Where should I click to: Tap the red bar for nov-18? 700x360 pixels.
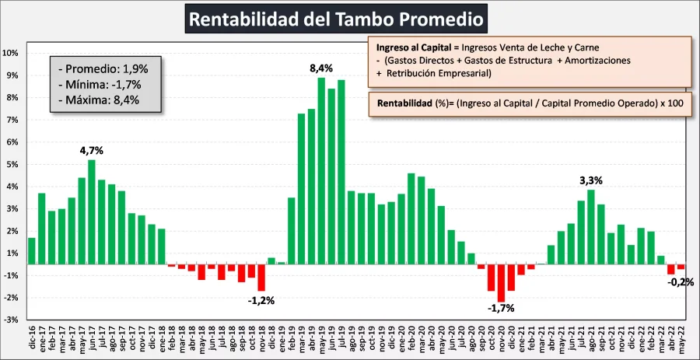pos(261,278)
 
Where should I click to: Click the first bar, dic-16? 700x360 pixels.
pos(32,251)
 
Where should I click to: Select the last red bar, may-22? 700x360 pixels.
pos(681,267)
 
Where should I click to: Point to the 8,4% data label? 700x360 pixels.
pos(321,68)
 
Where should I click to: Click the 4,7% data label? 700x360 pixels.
pos(92,150)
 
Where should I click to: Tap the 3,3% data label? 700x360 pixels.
pos(591,180)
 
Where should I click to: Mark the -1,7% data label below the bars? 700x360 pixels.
pos(502,309)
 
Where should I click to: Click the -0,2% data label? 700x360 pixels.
pos(681,282)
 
